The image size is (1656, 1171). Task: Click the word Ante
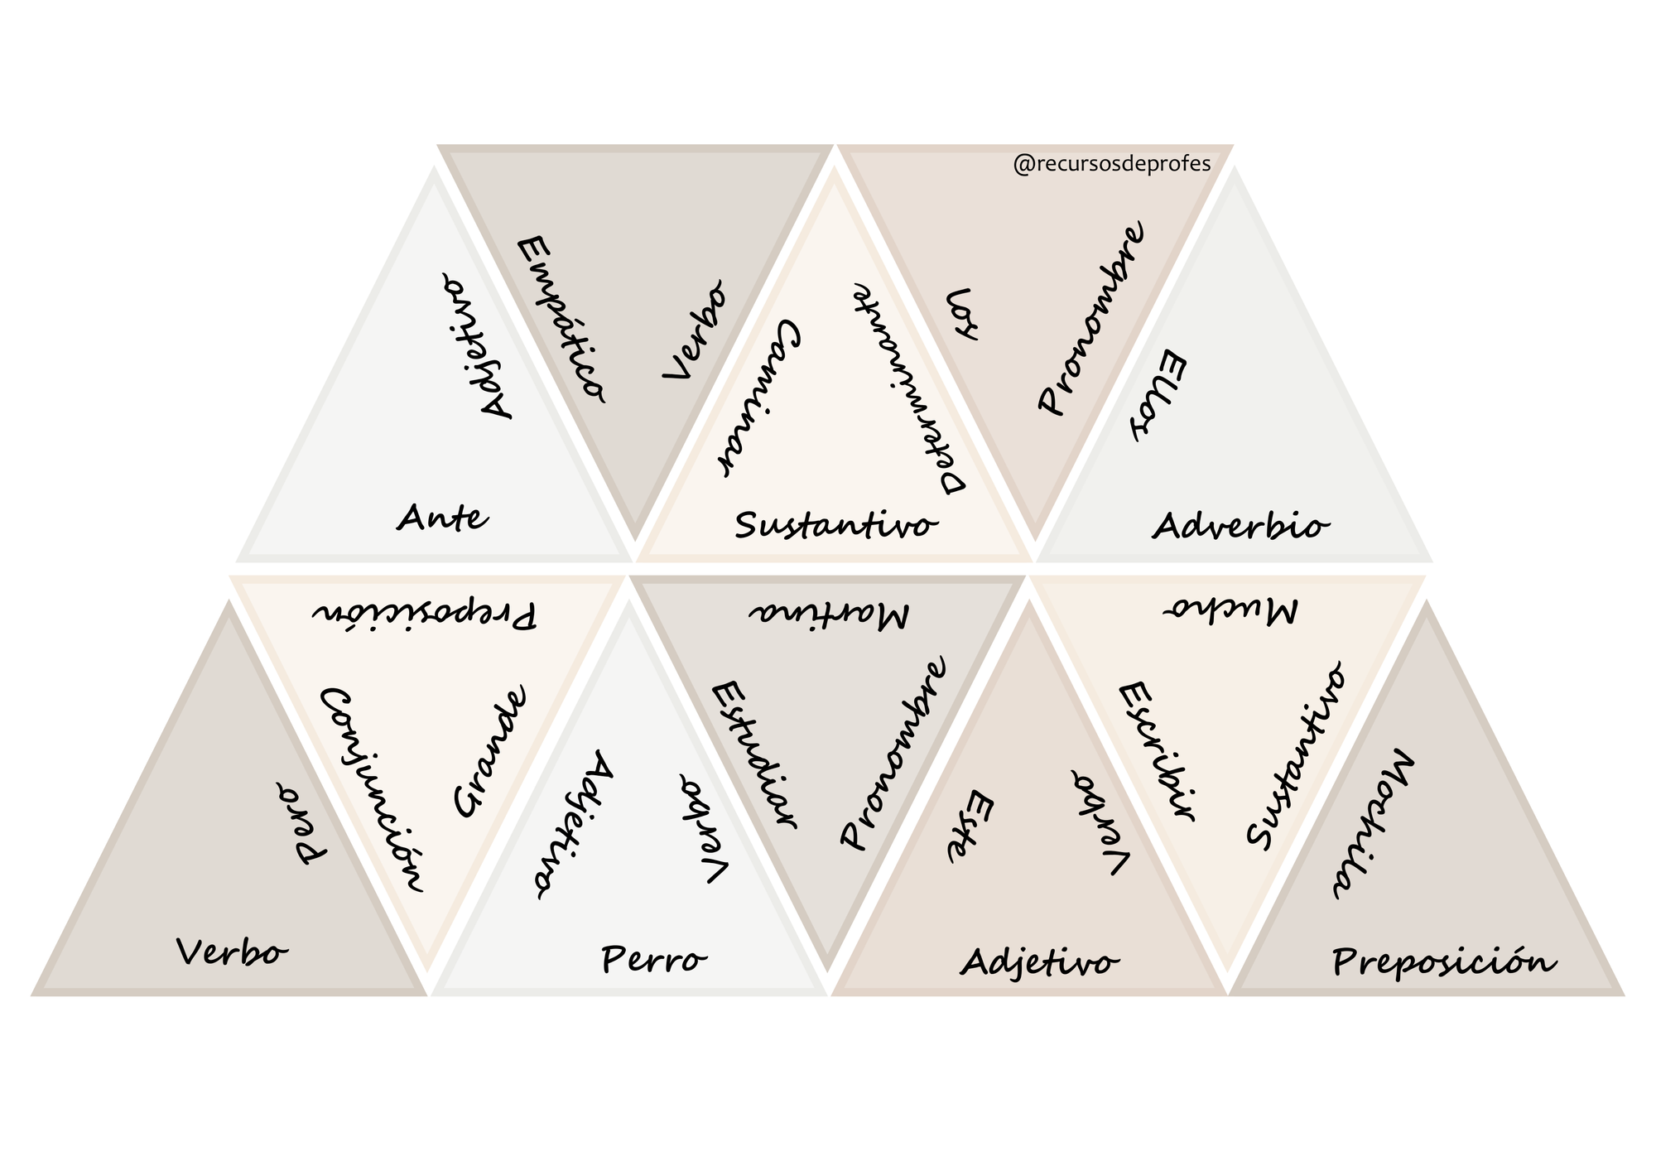pos(443,518)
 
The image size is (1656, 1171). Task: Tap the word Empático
pos(561,320)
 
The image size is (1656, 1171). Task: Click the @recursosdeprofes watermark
pos(1112,164)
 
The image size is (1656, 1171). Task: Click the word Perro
pos(654,961)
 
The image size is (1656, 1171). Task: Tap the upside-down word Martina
pos(829,614)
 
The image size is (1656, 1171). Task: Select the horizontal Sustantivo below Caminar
pos(837,526)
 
